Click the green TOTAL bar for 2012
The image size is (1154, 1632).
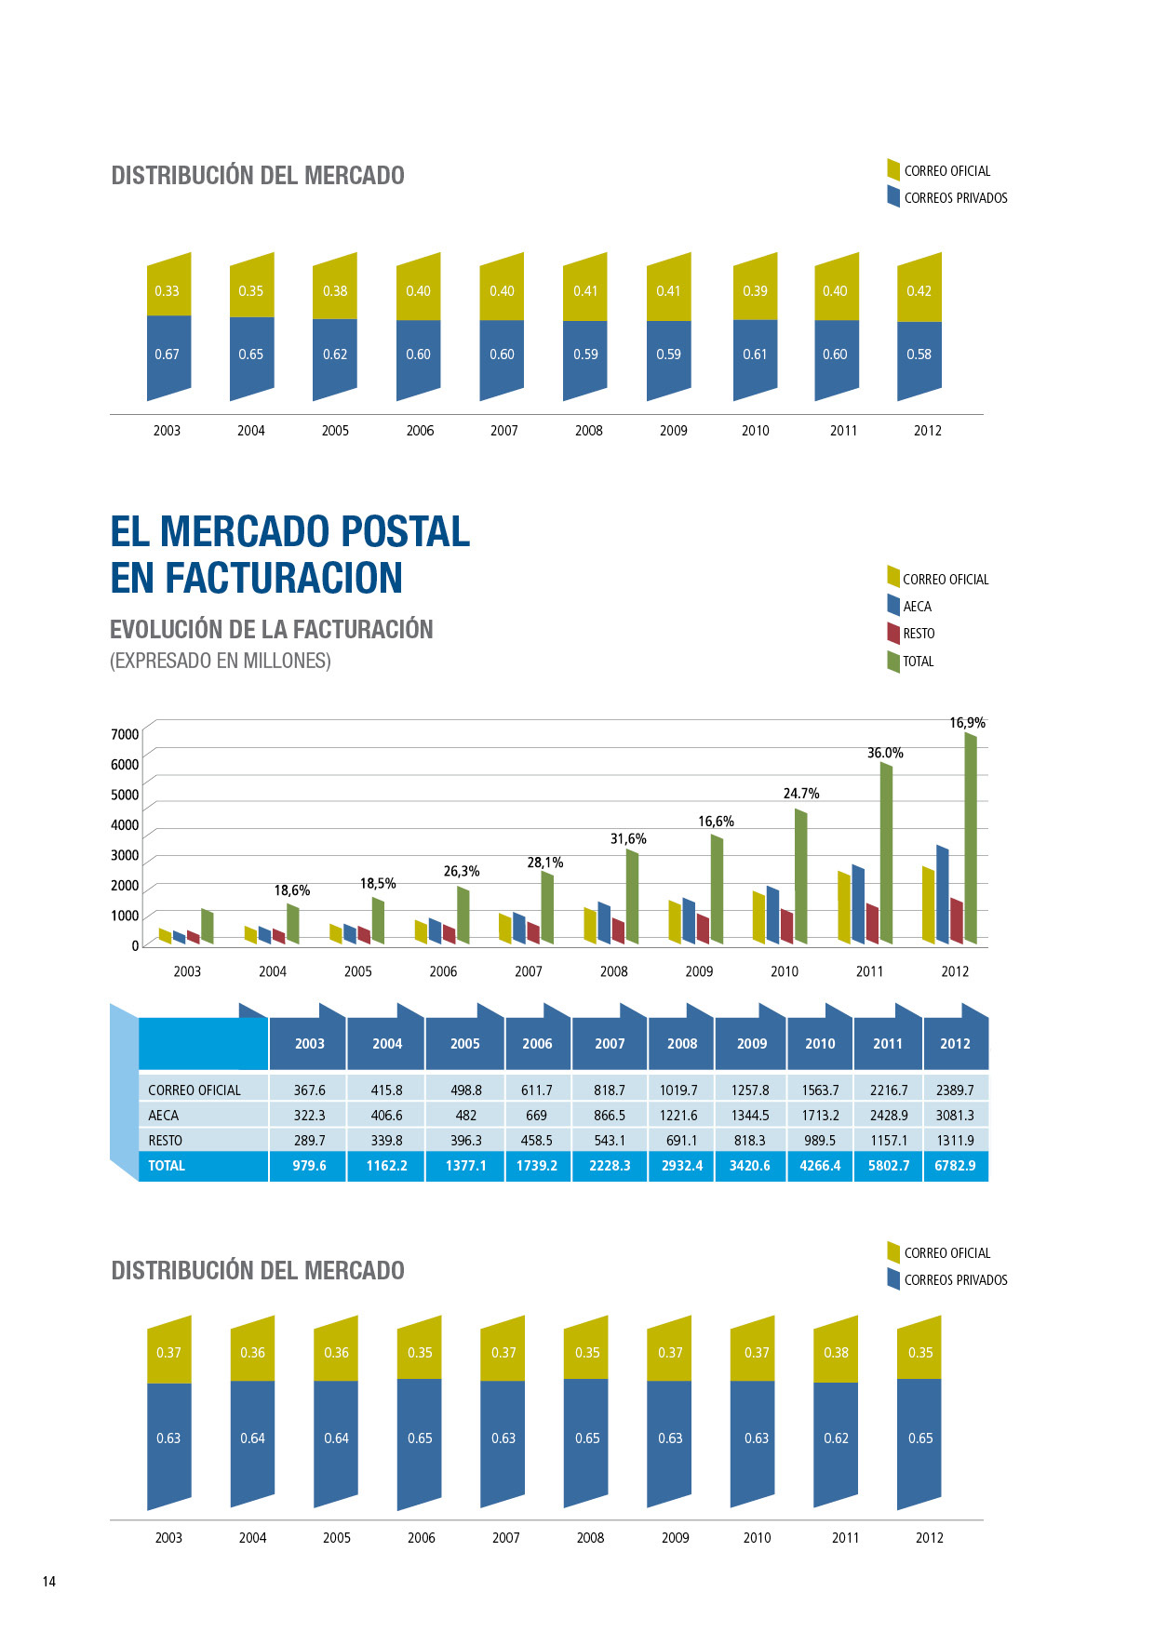971,837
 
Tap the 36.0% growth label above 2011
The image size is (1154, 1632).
885,753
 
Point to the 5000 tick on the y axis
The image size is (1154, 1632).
125,795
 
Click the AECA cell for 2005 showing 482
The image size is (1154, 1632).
465,1115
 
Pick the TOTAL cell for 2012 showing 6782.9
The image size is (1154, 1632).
955,1165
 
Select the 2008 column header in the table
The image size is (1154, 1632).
681,1043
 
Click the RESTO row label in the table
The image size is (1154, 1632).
166,1140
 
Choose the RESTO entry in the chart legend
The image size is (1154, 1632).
918,634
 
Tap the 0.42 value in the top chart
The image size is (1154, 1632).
919,290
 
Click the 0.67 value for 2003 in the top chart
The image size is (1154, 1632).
167,354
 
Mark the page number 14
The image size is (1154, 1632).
49,1581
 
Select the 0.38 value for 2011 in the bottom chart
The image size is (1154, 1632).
836,1352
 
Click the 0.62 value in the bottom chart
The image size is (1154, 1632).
836,1438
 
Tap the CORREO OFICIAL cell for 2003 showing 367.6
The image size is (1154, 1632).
309,1090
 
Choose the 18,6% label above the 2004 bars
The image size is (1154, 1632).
291,890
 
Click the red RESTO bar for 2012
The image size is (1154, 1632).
957,921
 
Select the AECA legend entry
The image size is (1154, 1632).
916,607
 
